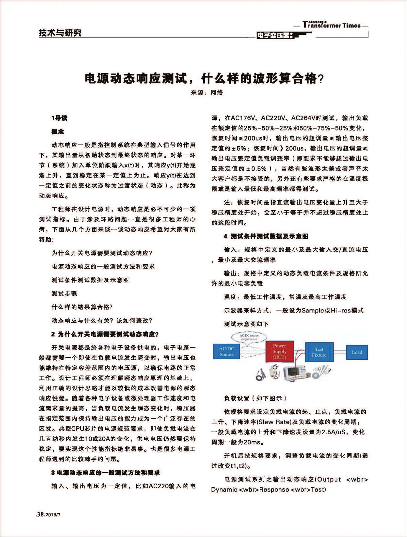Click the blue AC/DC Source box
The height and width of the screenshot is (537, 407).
[x=226, y=351]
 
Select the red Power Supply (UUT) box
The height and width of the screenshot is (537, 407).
[x=279, y=351]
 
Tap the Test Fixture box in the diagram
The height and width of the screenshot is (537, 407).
[x=319, y=352]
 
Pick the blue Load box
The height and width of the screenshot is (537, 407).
[x=357, y=352]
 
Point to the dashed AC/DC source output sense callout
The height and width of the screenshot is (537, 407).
[x=249, y=337]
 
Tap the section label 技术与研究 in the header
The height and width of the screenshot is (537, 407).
[x=60, y=33]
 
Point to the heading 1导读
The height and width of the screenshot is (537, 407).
[x=59, y=118]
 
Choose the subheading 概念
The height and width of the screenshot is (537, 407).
[x=58, y=132]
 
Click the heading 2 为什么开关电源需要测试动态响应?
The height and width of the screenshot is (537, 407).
[x=105, y=334]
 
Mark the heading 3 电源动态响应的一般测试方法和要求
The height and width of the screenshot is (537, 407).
[x=106, y=473]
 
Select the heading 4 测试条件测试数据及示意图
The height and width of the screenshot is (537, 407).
[x=266, y=236]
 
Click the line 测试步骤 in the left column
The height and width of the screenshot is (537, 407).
[x=64, y=294]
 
